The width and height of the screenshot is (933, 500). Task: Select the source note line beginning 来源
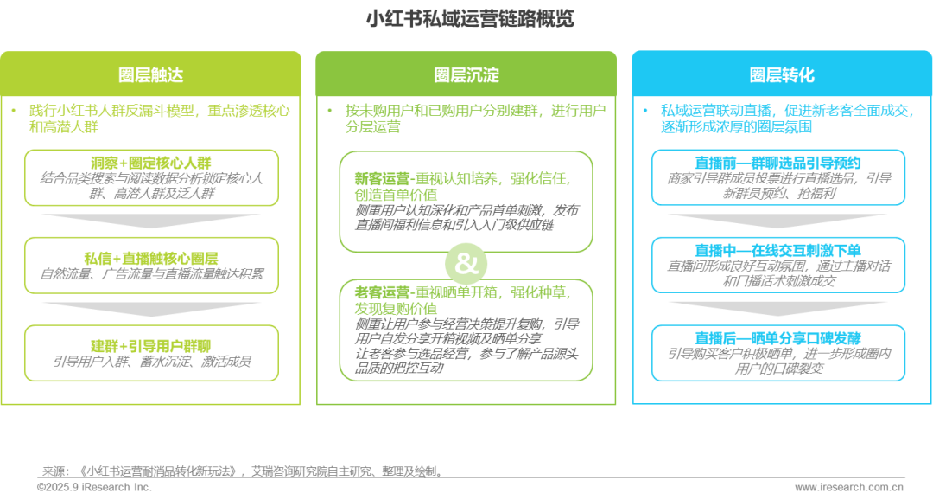pyautogui.click(x=241, y=471)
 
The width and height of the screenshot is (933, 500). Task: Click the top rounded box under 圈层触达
pyautogui.click(x=151, y=178)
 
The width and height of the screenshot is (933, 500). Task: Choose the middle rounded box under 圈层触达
pyautogui.click(x=151, y=266)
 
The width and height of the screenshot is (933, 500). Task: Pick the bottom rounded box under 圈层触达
pyautogui.click(x=151, y=352)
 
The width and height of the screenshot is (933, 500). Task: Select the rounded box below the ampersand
pyautogui.click(x=466, y=329)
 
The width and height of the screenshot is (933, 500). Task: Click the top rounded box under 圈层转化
pyautogui.click(x=778, y=177)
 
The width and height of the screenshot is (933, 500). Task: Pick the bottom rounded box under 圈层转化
pyautogui.click(x=778, y=353)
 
